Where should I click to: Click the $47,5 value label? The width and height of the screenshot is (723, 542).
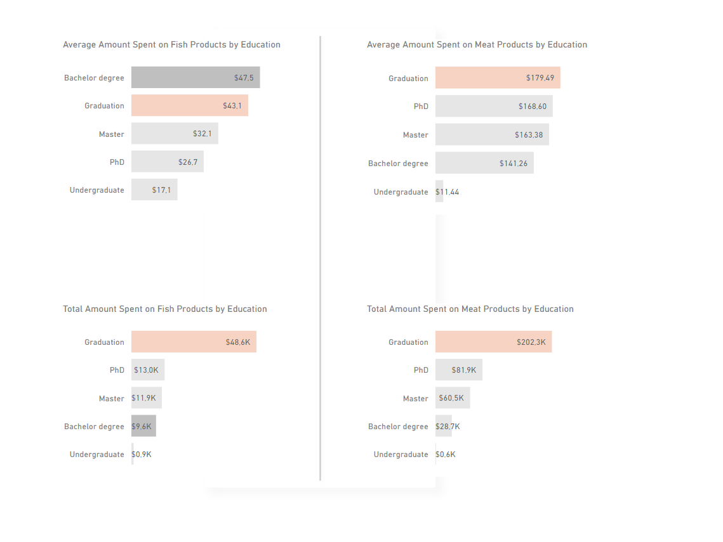tap(244, 78)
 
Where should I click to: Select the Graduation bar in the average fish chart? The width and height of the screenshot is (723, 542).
tap(189, 106)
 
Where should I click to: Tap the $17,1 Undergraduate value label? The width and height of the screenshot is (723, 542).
tap(161, 190)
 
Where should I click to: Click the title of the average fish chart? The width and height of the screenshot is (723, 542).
tap(171, 45)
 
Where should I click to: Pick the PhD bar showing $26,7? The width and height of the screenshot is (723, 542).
tap(167, 162)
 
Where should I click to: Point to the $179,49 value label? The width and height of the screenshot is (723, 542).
tap(540, 78)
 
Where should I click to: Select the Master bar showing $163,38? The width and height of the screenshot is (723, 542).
tap(492, 134)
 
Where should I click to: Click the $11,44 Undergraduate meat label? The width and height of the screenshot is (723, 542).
tap(448, 192)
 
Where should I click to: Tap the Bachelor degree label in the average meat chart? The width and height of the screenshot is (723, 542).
tap(398, 164)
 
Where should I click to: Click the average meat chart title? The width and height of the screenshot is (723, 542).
tap(477, 45)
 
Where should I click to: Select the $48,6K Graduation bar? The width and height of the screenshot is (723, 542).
tap(194, 342)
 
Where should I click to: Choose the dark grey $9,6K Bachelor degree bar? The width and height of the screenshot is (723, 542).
tap(143, 426)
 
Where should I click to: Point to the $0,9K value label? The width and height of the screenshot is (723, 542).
tap(142, 455)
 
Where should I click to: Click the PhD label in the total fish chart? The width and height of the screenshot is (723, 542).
tap(117, 370)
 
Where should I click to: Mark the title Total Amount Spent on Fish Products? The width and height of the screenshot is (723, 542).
tap(164, 309)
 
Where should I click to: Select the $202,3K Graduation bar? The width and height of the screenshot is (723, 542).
tap(493, 342)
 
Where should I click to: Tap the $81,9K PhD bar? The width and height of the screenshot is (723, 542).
tap(458, 370)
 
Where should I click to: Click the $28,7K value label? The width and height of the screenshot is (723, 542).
tap(448, 427)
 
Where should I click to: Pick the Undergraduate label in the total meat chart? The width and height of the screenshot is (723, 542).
tap(401, 455)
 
